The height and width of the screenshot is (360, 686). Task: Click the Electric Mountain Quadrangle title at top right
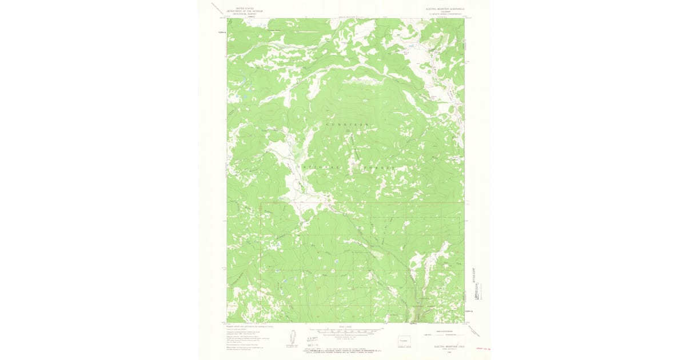[445, 9]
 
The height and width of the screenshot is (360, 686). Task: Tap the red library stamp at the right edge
[485, 347]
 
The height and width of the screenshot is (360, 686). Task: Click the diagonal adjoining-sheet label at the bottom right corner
[474, 330]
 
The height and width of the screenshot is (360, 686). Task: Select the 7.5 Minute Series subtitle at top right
[445, 14]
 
